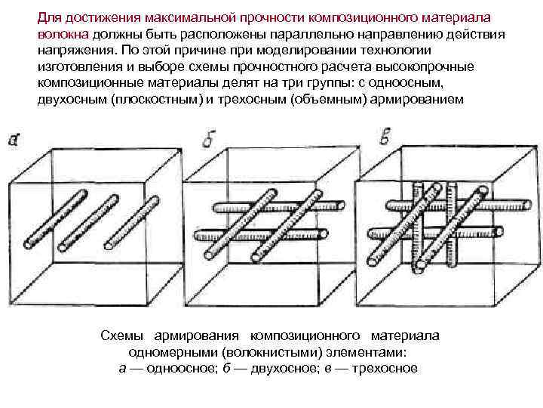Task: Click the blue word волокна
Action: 63,35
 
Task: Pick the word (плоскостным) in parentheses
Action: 156,99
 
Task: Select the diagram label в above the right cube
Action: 385,138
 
